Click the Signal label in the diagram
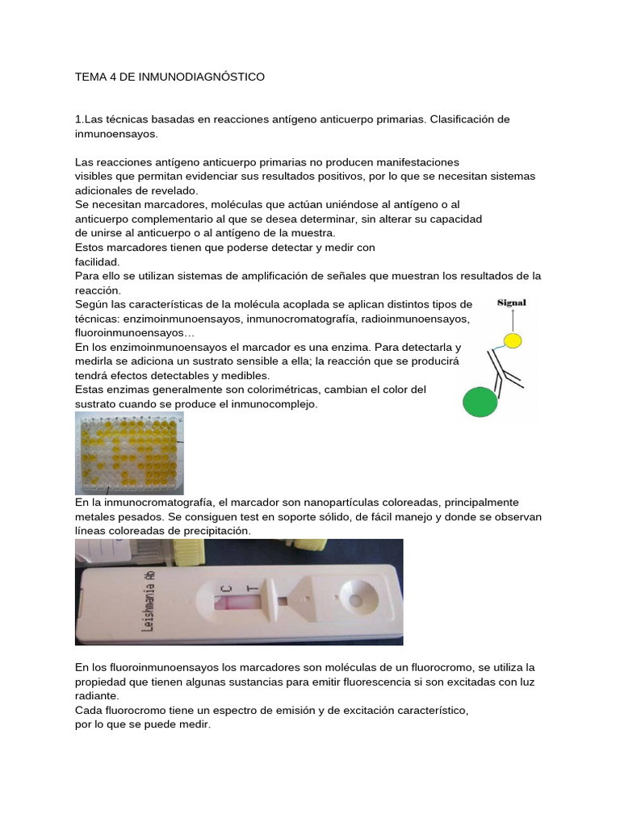pos(511,303)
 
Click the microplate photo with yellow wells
pos(129,453)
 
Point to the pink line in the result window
pos(229,600)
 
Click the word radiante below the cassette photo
pos(96,695)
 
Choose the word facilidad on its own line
pos(97,261)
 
